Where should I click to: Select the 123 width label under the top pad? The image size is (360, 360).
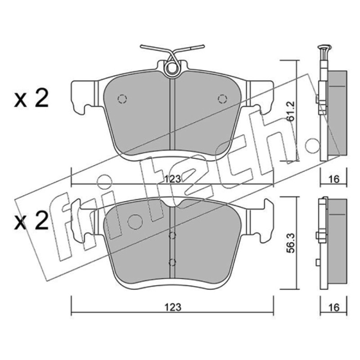point(173,179)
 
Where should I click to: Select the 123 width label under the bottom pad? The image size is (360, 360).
point(173,307)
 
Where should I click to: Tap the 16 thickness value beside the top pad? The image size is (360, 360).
point(334,179)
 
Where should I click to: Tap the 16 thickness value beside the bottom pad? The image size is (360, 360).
point(334,307)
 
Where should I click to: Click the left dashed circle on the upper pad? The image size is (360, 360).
point(122,99)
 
